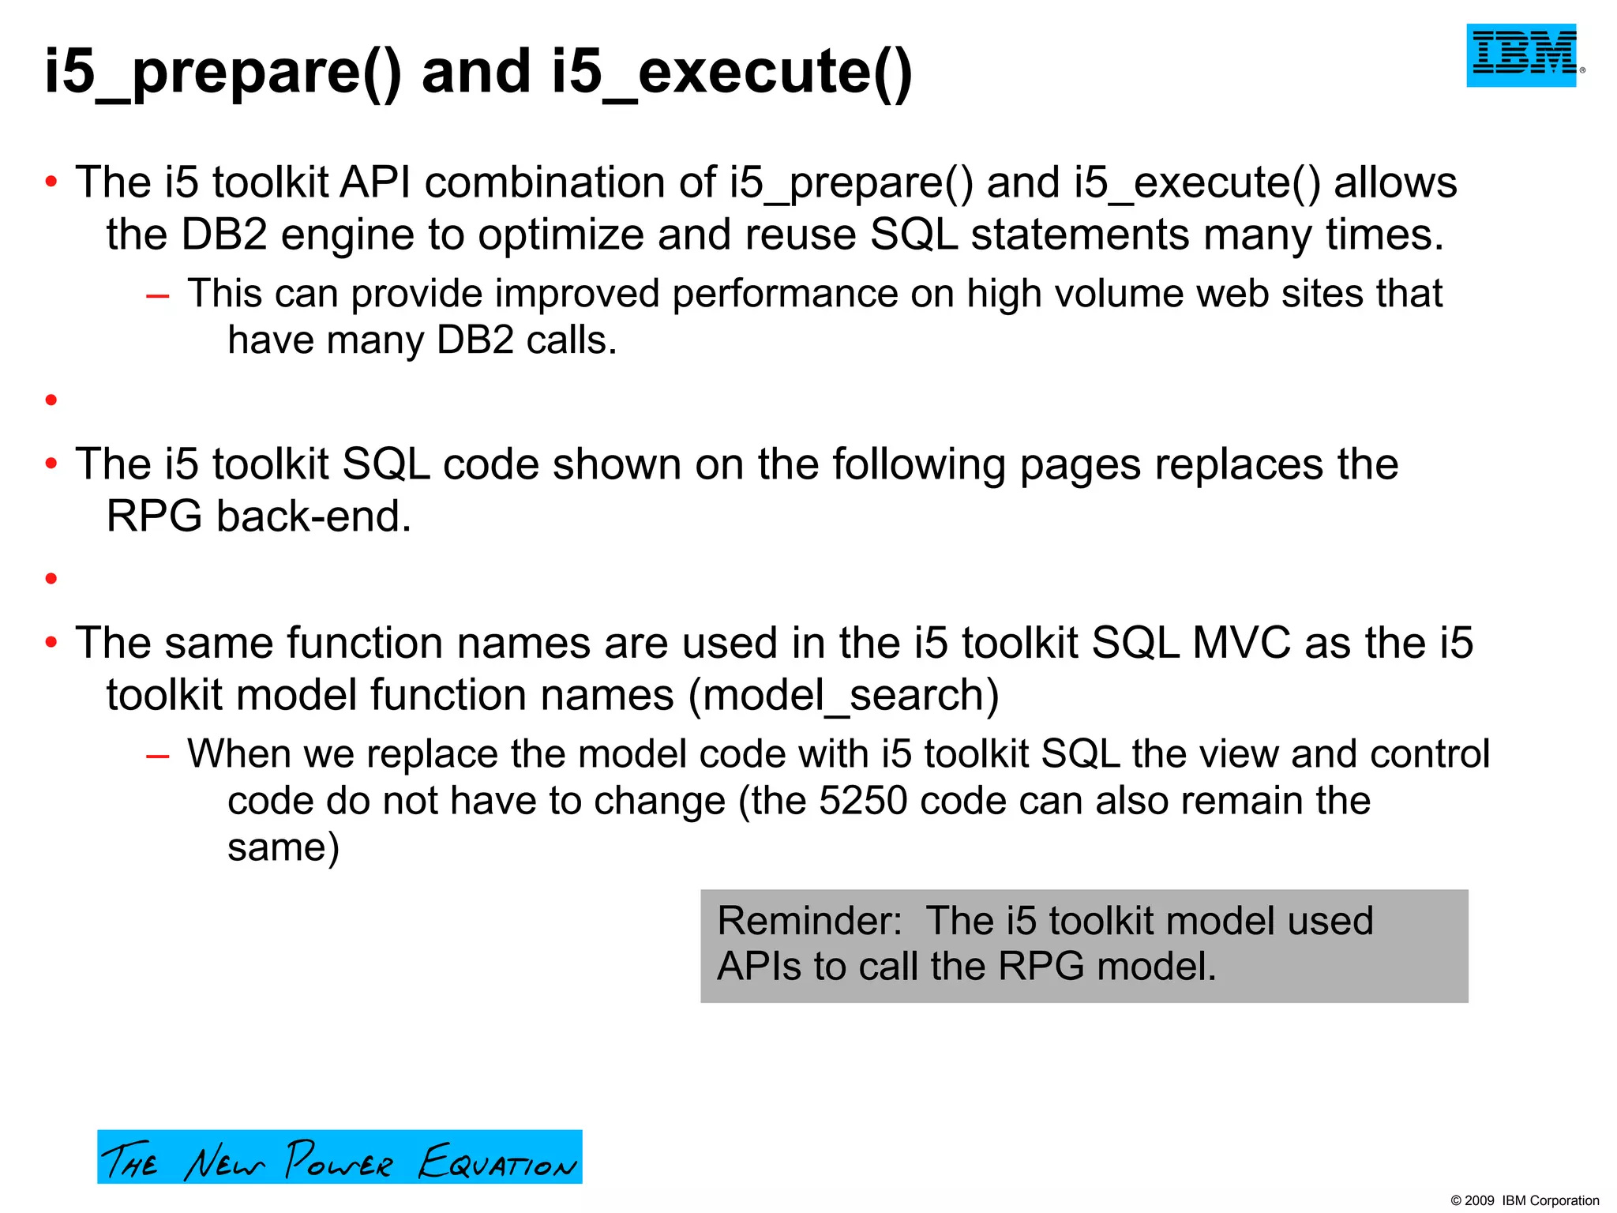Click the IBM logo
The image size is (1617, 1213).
click(1521, 54)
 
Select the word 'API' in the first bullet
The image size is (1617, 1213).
click(375, 182)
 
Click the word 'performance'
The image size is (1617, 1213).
click(785, 295)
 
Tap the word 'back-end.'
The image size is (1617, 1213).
click(314, 517)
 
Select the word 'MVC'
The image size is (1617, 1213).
click(1241, 642)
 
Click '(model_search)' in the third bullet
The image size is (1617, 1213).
click(843, 696)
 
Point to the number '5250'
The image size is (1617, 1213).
click(863, 801)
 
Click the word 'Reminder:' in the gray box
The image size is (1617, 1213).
click(809, 921)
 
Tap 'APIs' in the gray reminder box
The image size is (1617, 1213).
click(759, 966)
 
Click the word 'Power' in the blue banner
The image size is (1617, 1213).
click(339, 1160)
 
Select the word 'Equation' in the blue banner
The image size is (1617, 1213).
click(497, 1161)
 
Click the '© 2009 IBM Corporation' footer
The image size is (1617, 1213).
click(1525, 1200)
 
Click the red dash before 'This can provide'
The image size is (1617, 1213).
click(158, 295)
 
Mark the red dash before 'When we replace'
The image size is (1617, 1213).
click(158, 756)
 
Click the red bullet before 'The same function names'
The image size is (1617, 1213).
click(51, 643)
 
